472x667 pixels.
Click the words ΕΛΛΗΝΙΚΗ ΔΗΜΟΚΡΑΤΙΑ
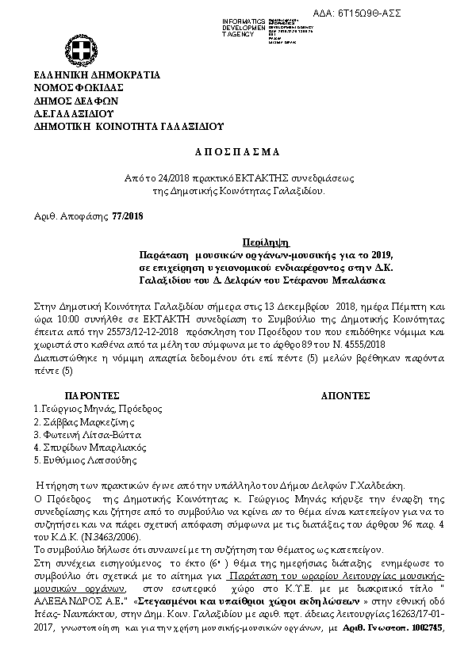coord(97,75)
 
